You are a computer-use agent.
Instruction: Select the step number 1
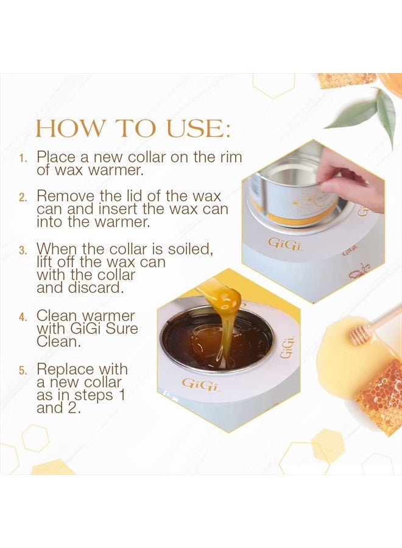(22, 158)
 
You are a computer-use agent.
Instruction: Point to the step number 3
(22, 250)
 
